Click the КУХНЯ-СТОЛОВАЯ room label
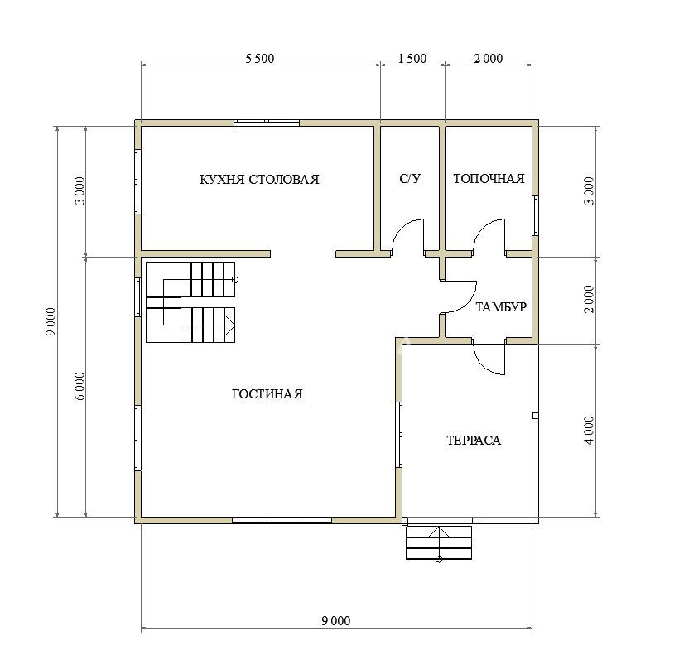tap(259, 180)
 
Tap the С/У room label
tap(410, 179)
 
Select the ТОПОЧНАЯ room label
tap(489, 179)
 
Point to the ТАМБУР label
tap(501, 306)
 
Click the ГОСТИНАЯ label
tap(267, 394)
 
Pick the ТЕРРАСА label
tap(474, 441)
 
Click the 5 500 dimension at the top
tap(259, 59)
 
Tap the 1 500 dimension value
tap(412, 59)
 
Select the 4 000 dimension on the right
tap(590, 431)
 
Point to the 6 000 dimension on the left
tap(79, 387)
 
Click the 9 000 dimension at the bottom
tap(336, 620)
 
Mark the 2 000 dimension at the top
tap(489, 59)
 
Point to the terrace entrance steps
tap(439, 542)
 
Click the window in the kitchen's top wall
tap(267, 123)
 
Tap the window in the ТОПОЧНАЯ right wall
tap(535, 216)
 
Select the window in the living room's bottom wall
tap(282, 520)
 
